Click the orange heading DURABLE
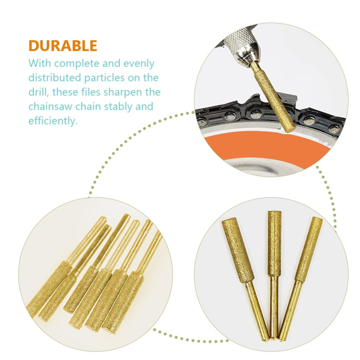tap(63, 46)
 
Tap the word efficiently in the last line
tap(53, 120)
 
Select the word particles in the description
tap(105, 77)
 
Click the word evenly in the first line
tap(139, 63)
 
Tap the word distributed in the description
tap(55, 77)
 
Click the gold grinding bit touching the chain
tap(270, 96)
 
